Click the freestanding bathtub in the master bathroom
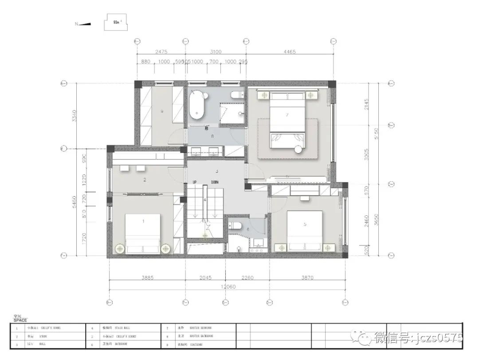coord(197,105)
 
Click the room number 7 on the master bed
coord(287,115)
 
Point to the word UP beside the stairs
coord(194,182)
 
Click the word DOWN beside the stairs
coord(215,182)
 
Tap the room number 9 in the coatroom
coord(162,112)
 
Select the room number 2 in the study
coord(145,180)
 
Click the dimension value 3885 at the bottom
coord(147,278)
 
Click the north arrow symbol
coord(84,24)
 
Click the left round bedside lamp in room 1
coord(120,249)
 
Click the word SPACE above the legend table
coord(20,320)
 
